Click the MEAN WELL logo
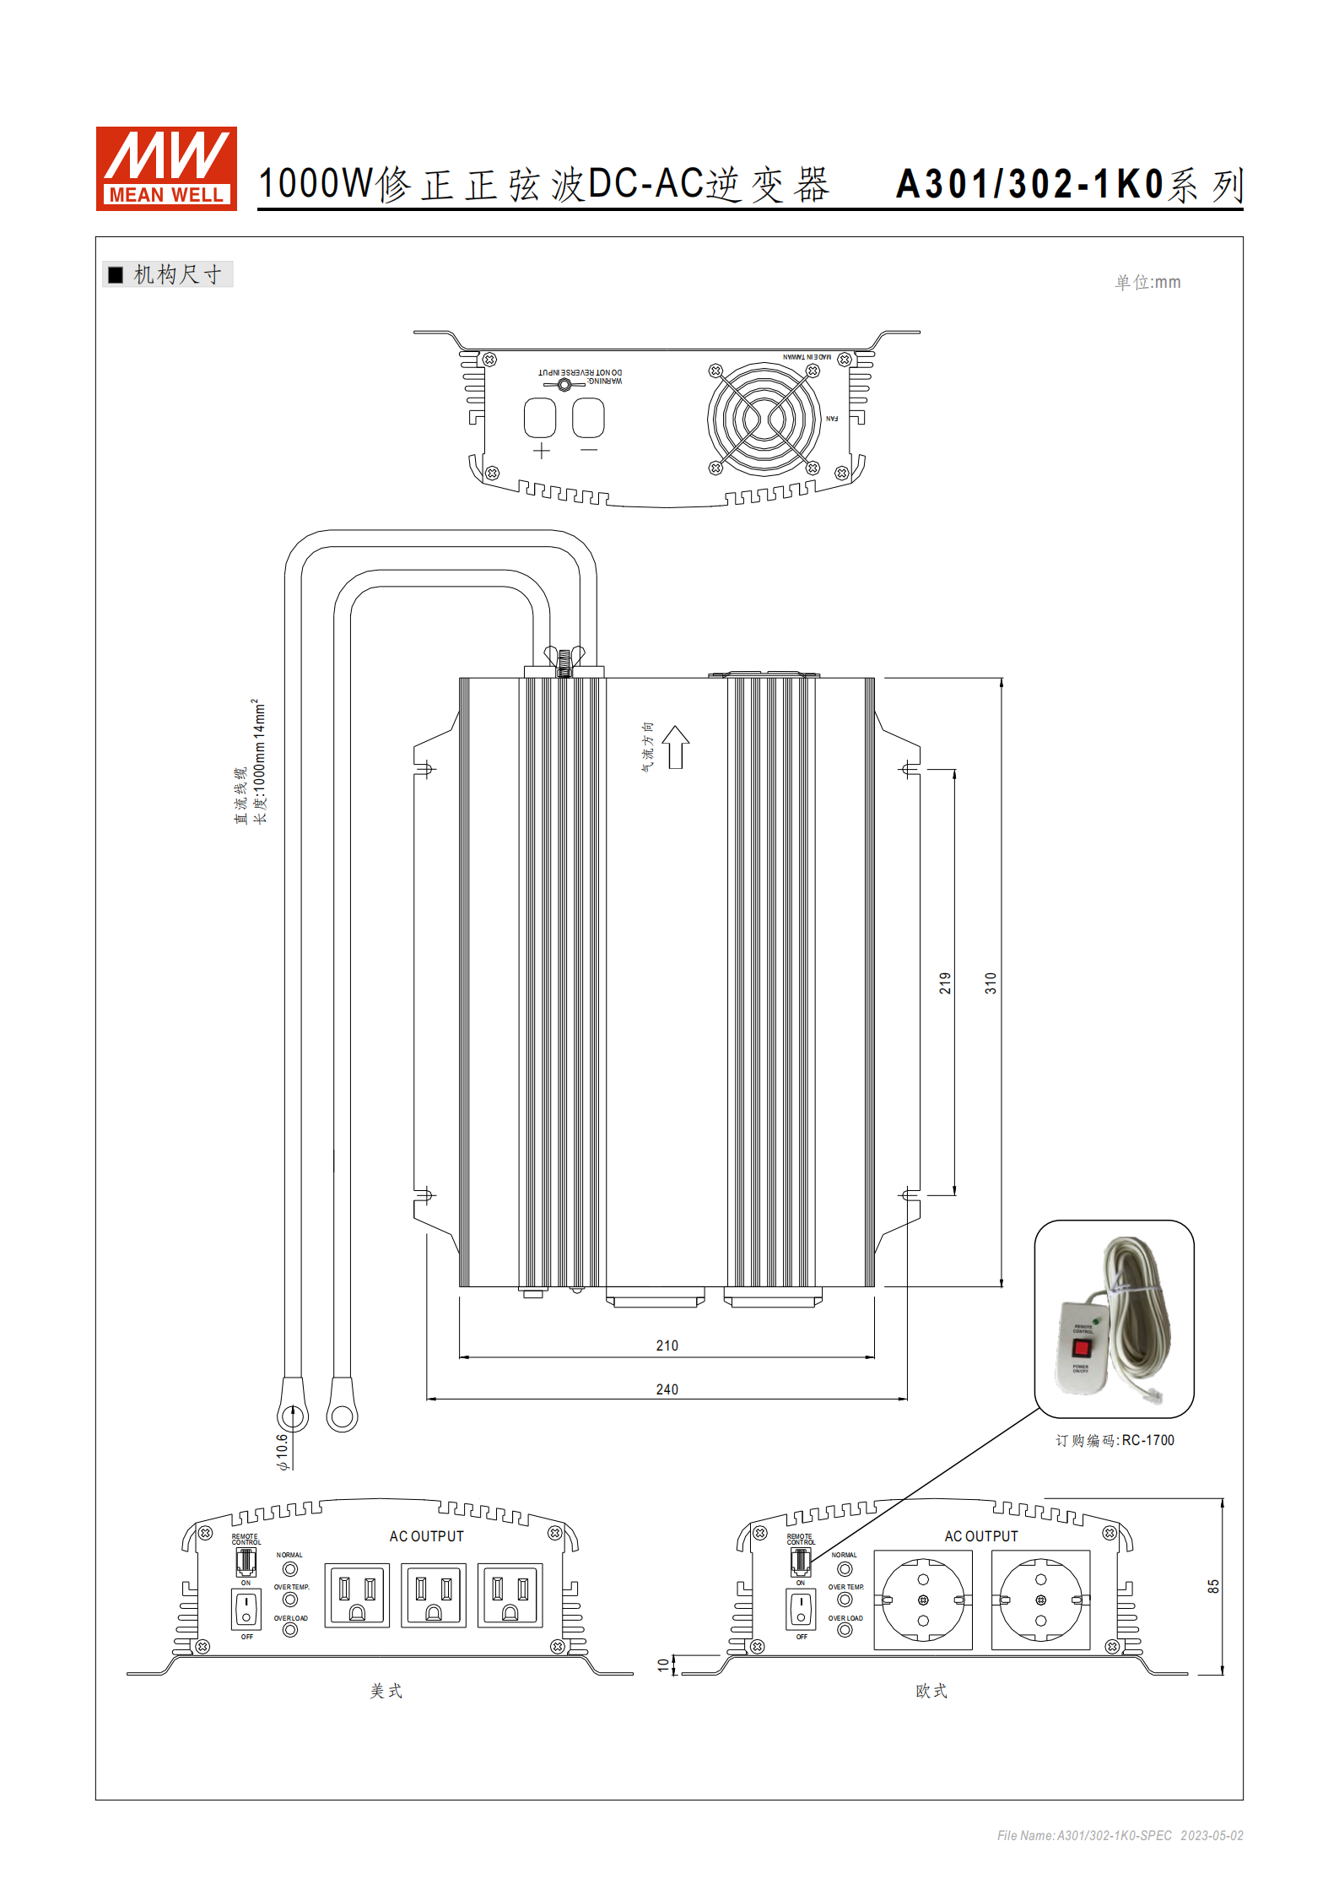coord(166,169)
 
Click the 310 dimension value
coord(991,983)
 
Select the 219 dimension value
coord(945,983)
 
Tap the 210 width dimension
coord(667,1345)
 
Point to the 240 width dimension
coord(667,1389)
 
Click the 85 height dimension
coord(1213,1587)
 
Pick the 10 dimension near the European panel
coord(663,1665)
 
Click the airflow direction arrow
coord(675,747)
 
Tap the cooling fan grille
coord(764,419)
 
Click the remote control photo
coord(1114,1318)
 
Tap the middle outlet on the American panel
coord(434,1595)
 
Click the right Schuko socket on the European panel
coord(1040,1600)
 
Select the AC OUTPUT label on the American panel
coord(426,1536)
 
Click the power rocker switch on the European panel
coord(801,1610)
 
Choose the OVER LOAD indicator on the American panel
coord(290,1630)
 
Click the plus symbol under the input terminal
coord(542,451)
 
